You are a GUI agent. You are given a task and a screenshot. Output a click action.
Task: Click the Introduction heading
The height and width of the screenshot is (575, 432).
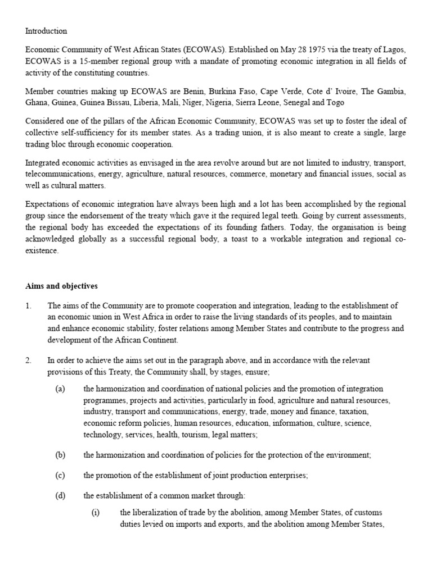coord(46,31)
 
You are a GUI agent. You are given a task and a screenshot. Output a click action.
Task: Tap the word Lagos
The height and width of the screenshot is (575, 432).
coord(393,50)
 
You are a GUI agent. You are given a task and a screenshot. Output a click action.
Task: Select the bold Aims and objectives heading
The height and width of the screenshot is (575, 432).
coord(61,286)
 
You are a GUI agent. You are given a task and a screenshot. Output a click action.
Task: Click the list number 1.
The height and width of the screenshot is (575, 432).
coord(28,305)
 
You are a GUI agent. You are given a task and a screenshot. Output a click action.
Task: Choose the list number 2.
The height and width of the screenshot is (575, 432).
coord(28,360)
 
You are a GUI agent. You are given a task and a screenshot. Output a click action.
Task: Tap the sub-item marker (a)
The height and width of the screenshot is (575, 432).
coord(60,389)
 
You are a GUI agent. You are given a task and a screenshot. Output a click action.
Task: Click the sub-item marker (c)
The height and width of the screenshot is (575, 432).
coord(60,475)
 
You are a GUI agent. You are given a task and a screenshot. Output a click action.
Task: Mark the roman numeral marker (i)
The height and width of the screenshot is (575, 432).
coord(96,514)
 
